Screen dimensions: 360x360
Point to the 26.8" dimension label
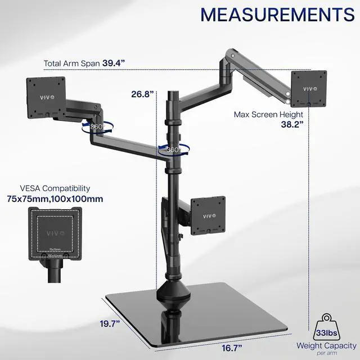point(142,94)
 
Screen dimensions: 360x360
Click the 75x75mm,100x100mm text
point(64,199)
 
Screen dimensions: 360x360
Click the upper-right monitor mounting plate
point(309,88)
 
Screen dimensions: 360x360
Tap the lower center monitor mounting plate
point(208,215)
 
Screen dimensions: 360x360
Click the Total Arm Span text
point(71,64)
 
